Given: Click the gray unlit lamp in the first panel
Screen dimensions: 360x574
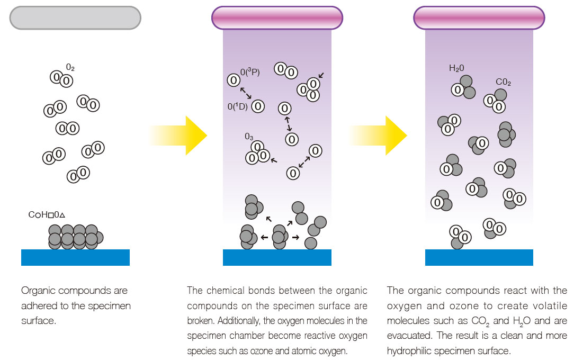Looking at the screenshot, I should [x=75, y=17].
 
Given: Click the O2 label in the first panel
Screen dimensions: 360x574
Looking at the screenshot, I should [x=70, y=67].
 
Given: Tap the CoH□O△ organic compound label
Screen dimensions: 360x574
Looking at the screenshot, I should [x=46, y=215].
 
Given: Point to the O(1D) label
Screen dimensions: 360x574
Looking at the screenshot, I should [x=238, y=106].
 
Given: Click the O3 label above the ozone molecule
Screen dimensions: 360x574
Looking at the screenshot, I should [x=248, y=137].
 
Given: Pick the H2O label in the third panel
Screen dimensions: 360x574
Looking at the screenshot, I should [x=456, y=68].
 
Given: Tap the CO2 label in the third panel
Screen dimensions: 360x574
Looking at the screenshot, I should [x=503, y=82].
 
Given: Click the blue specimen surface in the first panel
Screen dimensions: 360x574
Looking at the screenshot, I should [x=75, y=257].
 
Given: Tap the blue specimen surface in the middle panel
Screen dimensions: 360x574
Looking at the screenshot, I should [x=277, y=257].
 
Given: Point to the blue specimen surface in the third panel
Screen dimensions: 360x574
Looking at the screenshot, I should [x=479, y=257].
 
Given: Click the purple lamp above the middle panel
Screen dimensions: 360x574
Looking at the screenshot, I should [x=277, y=17].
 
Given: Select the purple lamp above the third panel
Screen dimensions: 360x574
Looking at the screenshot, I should [x=479, y=17].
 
